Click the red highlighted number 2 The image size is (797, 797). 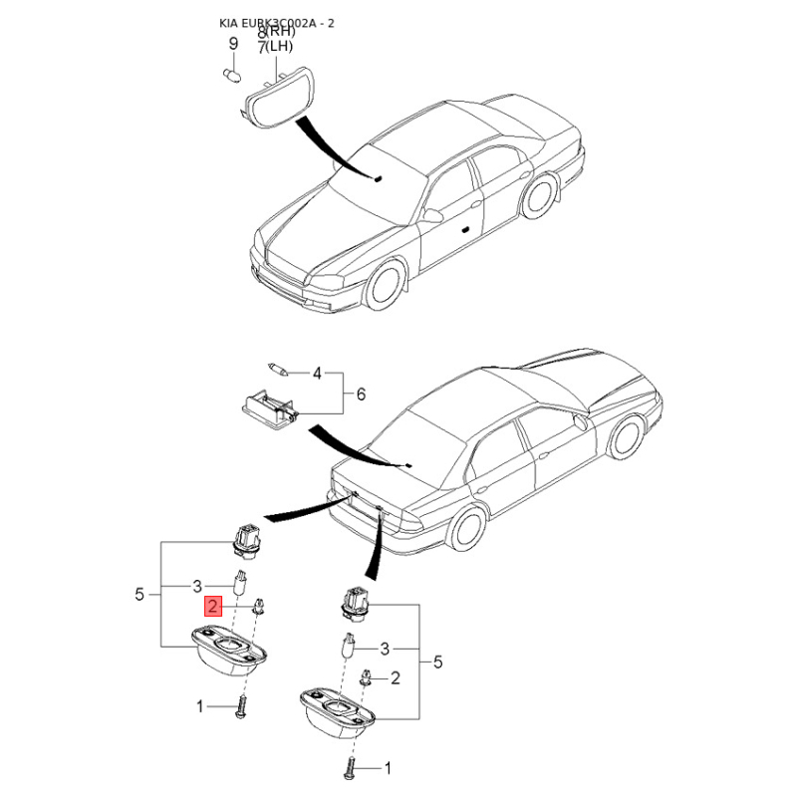point(213,607)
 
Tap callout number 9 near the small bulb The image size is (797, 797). point(233,43)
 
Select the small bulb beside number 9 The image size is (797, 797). point(232,76)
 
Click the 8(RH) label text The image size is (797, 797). point(276,32)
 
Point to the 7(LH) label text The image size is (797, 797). point(275,46)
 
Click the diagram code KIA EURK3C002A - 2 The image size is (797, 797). point(277,23)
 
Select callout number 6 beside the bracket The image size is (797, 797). point(361,394)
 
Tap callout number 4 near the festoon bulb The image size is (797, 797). point(317,374)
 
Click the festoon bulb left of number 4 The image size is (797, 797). point(278,370)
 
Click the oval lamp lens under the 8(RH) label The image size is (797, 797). point(278,99)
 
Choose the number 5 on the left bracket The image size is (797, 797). point(139,594)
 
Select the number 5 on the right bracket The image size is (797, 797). point(437,662)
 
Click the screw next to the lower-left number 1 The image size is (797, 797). point(241,706)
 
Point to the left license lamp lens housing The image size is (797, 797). point(228,652)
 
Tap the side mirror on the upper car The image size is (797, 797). point(432,215)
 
